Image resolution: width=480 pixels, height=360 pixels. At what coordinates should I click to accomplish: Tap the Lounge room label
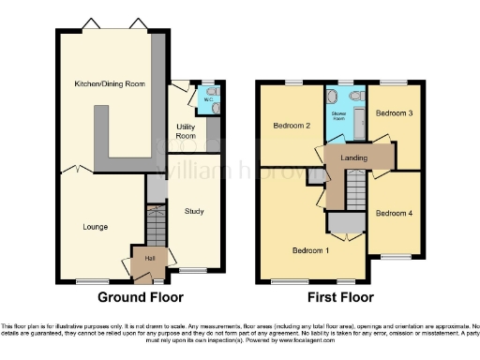[x=94, y=226]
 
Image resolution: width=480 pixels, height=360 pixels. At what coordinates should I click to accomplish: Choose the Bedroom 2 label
[x=291, y=126]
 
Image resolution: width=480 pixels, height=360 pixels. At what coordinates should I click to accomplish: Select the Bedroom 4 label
[x=394, y=213]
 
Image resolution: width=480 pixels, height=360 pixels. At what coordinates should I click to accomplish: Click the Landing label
[x=354, y=157]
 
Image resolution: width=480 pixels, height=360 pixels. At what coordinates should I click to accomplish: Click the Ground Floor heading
[x=137, y=297]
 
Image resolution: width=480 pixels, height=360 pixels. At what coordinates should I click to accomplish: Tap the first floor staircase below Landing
[x=351, y=192]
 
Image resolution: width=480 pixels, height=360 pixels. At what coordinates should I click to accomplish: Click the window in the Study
[x=194, y=270]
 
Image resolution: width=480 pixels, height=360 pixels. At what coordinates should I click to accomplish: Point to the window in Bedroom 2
[x=291, y=83]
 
